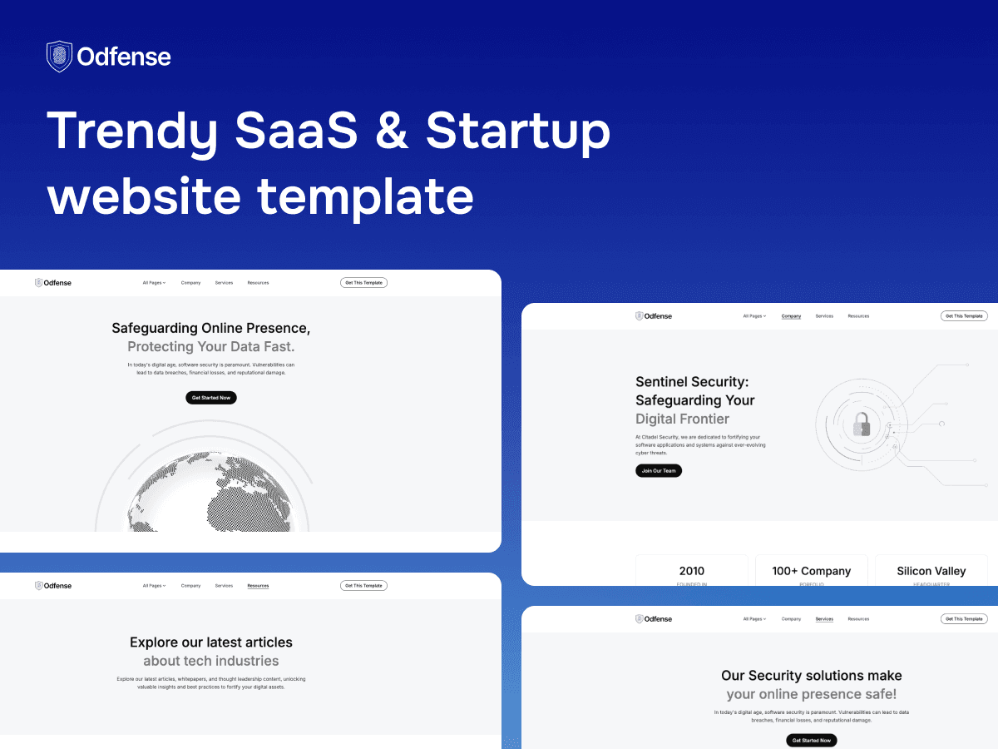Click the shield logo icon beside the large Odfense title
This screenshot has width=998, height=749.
[59, 57]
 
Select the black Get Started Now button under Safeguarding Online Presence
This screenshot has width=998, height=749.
[211, 398]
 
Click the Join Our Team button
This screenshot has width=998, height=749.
[659, 470]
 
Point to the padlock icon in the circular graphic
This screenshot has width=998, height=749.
[861, 424]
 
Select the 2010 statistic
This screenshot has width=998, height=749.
[691, 571]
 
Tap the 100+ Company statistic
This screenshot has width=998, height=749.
[811, 571]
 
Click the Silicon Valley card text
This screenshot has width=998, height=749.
[931, 571]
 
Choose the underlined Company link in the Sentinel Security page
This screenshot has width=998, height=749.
[791, 316]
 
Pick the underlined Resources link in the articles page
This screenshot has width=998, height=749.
[258, 586]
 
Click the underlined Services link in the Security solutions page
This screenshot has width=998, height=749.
[824, 619]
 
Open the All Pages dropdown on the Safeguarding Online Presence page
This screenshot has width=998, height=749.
[154, 283]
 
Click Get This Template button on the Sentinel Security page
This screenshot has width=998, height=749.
[964, 316]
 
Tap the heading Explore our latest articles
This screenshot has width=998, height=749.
[211, 642]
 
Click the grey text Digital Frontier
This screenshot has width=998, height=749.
[682, 419]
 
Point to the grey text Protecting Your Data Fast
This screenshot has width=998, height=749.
[211, 346]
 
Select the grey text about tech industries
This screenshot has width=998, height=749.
[211, 661]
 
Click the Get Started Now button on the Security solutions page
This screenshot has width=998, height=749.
[811, 740]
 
